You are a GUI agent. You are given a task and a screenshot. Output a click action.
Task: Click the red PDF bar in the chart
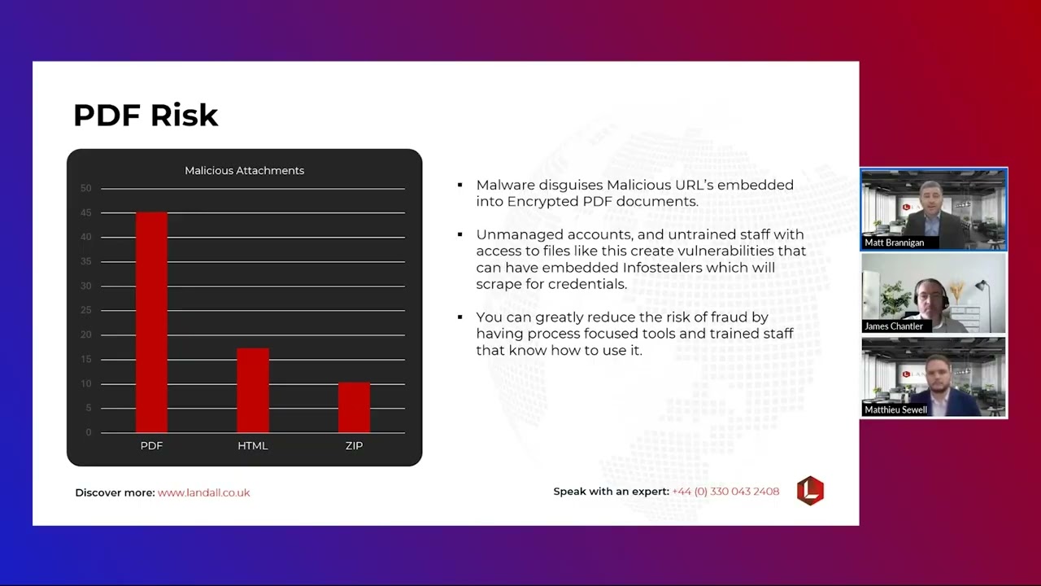click(151, 322)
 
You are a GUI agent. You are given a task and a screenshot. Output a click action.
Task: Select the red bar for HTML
click(252, 391)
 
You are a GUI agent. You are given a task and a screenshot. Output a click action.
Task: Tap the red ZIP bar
click(354, 408)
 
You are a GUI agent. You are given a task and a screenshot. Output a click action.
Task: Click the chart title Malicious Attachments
click(244, 170)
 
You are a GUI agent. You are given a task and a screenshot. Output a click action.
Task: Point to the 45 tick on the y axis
click(85, 213)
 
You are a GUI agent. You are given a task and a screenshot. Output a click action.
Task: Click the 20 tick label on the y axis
click(85, 335)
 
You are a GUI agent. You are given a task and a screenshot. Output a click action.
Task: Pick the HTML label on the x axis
click(252, 446)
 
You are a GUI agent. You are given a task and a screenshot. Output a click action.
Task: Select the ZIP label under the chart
click(354, 446)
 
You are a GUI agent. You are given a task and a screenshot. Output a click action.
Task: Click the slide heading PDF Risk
click(146, 116)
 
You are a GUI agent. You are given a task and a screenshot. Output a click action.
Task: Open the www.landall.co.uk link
click(203, 492)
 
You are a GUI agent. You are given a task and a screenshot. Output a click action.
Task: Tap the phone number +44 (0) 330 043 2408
click(725, 492)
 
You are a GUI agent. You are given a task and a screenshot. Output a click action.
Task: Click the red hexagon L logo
click(810, 491)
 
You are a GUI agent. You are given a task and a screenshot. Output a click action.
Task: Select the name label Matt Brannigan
click(894, 243)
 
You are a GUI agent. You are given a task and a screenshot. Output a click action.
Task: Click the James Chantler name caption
click(894, 326)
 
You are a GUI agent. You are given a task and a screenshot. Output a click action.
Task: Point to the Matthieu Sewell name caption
click(895, 410)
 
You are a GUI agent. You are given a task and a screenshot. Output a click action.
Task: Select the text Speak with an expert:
click(611, 492)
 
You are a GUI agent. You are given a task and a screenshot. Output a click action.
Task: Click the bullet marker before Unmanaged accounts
click(460, 234)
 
